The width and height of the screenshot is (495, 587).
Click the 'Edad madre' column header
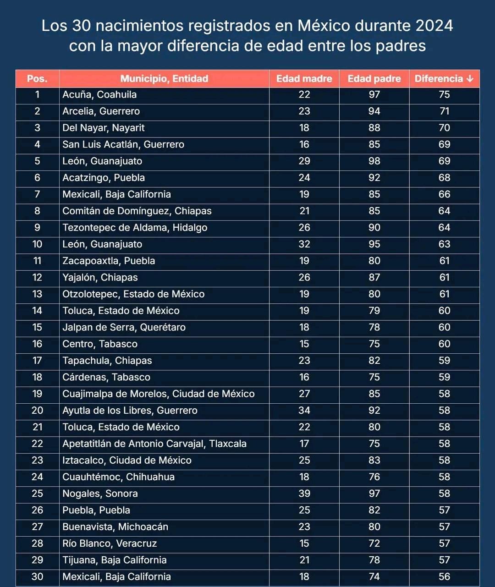pyautogui.click(x=304, y=79)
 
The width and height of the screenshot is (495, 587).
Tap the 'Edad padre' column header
pyautogui.click(x=374, y=79)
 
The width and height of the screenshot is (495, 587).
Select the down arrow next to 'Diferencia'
pyautogui.click(x=470, y=79)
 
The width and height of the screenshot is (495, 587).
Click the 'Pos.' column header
pyautogui.click(x=37, y=79)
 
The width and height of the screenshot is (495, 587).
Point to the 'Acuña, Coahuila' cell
pyautogui.click(x=99, y=95)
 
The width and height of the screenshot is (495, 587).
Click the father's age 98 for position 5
pyautogui.click(x=374, y=161)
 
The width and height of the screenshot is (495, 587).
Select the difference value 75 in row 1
pyautogui.click(x=445, y=95)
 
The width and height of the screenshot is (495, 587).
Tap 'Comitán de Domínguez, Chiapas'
pyautogui.click(x=137, y=211)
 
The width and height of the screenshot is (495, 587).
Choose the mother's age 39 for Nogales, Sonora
pyautogui.click(x=304, y=494)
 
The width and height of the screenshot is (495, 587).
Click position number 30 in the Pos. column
pyautogui.click(x=37, y=576)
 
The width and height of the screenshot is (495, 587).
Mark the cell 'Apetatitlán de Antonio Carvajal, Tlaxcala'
pyautogui.click(x=154, y=444)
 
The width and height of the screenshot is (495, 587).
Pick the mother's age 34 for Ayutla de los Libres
pyautogui.click(x=304, y=411)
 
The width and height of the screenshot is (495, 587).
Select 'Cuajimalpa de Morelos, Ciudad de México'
pyautogui.click(x=158, y=394)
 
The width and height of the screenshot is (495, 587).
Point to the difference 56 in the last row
pyautogui.click(x=445, y=576)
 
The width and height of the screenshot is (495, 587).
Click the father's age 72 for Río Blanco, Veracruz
pyautogui.click(x=374, y=543)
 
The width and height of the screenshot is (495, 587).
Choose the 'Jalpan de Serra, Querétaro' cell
pyautogui.click(x=124, y=328)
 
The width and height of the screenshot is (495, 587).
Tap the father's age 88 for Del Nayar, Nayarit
pyautogui.click(x=374, y=128)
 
